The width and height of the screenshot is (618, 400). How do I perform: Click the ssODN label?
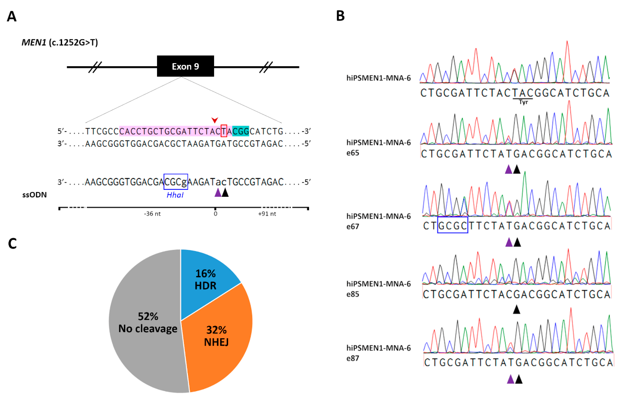34,195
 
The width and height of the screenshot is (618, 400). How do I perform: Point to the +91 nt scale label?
267,214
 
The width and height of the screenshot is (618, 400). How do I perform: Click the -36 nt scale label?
152,214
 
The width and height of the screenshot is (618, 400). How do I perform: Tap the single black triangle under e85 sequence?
517,309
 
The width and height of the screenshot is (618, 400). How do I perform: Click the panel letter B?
340,16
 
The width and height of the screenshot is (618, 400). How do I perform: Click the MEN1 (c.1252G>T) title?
60,42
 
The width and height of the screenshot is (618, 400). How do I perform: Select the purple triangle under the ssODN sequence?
218,193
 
